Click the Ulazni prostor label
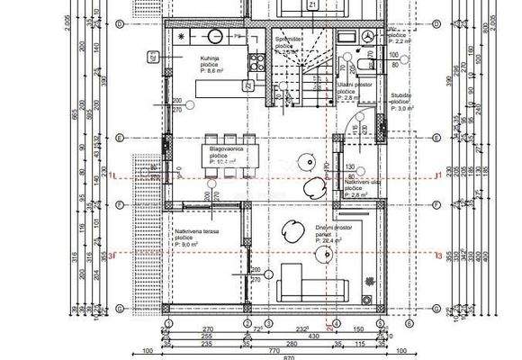(x=351, y=84)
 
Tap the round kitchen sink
(x=216, y=36)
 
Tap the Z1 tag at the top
(x=311, y=5)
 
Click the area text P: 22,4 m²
(x=333, y=241)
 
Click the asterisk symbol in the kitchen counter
(x=181, y=35)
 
